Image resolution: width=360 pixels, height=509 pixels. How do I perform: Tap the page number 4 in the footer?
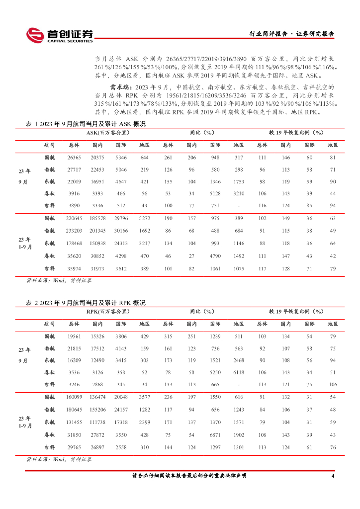click(333, 476)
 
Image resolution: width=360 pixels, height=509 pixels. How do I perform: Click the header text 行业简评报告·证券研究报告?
click(291, 34)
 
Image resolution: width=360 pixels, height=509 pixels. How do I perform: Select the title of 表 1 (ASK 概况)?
click(86, 124)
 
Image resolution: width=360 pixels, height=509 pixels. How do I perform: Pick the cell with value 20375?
click(97, 157)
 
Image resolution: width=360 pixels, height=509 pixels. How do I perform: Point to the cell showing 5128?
click(215, 193)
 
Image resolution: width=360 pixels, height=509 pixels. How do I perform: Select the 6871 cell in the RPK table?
click(215, 435)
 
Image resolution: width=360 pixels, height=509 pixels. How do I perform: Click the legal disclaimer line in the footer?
click(189, 476)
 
